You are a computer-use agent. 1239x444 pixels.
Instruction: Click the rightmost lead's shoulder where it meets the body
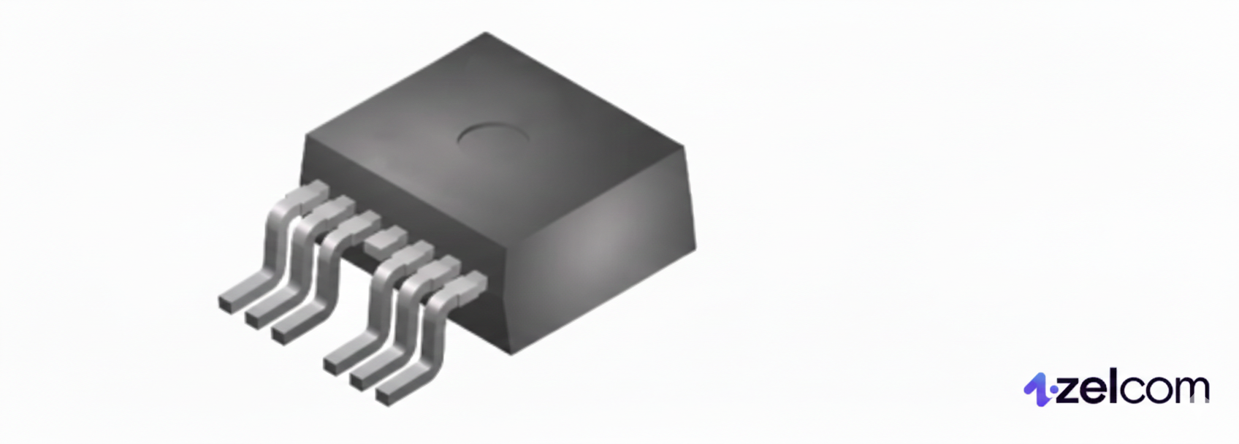click(x=473, y=281)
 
